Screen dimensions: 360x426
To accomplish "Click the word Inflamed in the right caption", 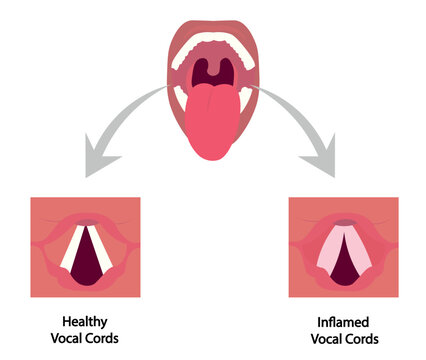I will (x=343, y=322).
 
